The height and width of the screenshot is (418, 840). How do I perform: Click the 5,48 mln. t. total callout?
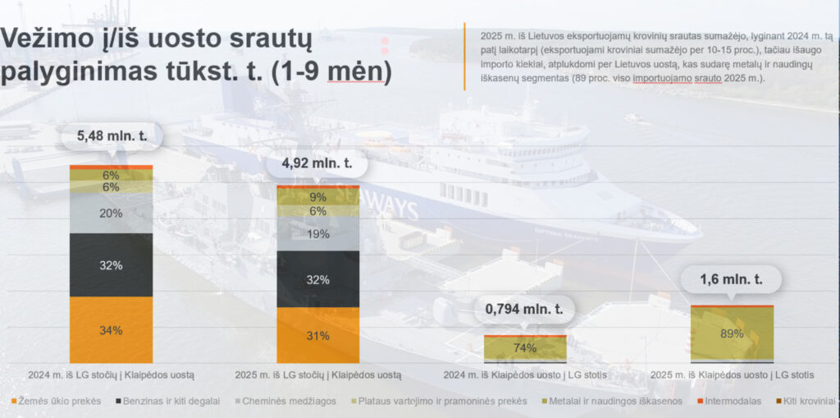coord(112,137)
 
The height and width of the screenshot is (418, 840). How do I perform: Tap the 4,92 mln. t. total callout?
coord(317,163)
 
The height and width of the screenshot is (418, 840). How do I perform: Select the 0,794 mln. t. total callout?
coord(524,310)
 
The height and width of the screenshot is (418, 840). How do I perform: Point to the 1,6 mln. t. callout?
coord(731,279)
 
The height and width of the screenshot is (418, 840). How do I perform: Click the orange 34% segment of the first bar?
coord(111,330)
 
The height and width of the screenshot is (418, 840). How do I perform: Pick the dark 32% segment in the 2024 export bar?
coord(111,265)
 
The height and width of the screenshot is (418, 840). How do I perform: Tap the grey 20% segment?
coord(111,213)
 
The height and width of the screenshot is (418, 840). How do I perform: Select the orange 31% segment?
coord(317,335)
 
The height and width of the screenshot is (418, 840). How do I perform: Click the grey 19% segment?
coord(317,234)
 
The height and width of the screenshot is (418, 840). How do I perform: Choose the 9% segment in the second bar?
coord(317,197)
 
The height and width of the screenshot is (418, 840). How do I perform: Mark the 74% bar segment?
coord(525,347)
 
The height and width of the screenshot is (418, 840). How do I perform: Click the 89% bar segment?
coord(732,333)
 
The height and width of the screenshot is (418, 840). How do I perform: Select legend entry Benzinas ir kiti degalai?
coord(167,401)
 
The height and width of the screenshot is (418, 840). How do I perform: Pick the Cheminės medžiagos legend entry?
coord(285,401)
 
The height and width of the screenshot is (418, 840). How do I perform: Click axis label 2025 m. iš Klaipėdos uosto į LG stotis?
coord(732,375)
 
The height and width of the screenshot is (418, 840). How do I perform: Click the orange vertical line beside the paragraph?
coord(464,57)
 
